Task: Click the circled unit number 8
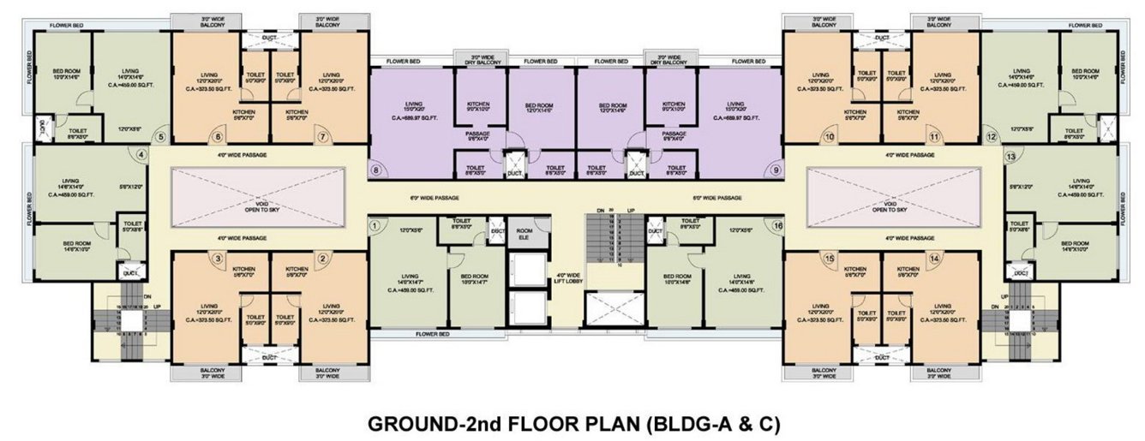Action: pos(375,170)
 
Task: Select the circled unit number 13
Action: pos(1010,157)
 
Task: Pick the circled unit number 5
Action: pos(159,136)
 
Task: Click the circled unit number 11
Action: pos(933,136)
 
